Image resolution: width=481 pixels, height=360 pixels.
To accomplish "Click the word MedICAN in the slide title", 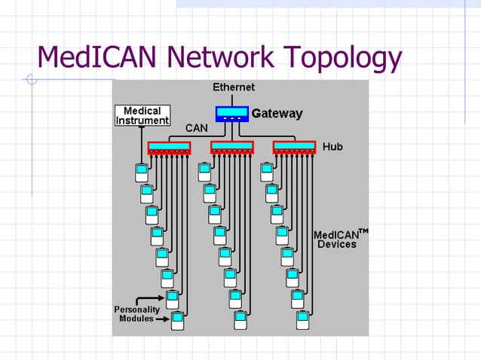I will click(x=99, y=57).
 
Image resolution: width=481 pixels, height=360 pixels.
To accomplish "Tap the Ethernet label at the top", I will click(x=233, y=87).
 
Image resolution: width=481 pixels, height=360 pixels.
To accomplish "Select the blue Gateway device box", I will click(x=231, y=114).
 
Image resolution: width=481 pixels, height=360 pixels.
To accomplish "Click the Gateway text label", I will click(x=277, y=114).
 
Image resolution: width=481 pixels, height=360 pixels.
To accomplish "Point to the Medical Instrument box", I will click(x=142, y=116).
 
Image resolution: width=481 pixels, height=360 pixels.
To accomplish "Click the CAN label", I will click(x=197, y=128).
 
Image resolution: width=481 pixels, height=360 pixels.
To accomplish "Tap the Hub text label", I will click(x=332, y=146).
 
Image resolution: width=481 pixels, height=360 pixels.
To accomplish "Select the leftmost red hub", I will click(x=169, y=147).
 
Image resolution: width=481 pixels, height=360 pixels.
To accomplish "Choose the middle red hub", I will click(x=231, y=147).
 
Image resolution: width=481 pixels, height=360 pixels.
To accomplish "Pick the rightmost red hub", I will click(x=294, y=147).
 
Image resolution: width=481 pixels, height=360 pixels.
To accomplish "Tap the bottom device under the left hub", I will click(x=177, y=321).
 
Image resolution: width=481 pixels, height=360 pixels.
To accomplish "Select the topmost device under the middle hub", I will click(x=204, y=172).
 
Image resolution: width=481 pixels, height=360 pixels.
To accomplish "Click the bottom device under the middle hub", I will click(x=240, y=321).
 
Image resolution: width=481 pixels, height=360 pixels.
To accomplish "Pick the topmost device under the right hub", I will click(x=267, y=172).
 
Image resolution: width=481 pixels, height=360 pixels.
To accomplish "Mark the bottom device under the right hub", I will click(x=302, y=321).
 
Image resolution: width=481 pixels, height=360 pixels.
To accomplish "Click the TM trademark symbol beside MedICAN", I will click(x=363, y=230).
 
